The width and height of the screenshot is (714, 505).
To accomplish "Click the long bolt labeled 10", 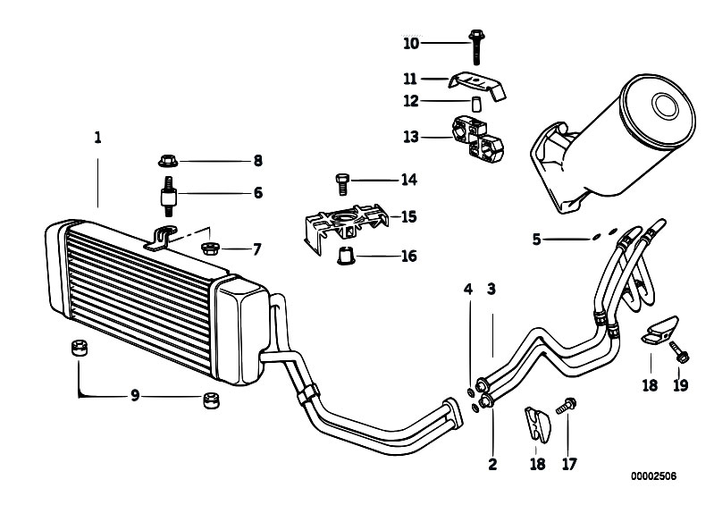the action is point(475,46).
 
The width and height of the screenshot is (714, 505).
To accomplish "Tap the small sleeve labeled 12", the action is point(476,104).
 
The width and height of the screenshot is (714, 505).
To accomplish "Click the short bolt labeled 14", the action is point(341,183).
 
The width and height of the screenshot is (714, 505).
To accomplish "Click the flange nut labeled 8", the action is point(169,161).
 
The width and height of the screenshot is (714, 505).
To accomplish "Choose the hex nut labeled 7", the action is point(210,248).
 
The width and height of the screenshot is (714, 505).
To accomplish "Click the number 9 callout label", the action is point(135,395).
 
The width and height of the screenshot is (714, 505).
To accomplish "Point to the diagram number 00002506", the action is point(653,476).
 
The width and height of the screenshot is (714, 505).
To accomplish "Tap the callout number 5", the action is point(536,239).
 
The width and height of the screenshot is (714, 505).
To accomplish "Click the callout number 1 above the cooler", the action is point(97,137).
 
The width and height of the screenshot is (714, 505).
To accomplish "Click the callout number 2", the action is point(492,464).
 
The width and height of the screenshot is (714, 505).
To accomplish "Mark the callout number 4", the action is point(468,290).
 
